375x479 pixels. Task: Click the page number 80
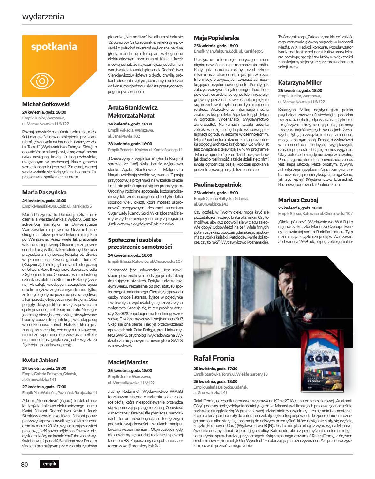coord(25,464)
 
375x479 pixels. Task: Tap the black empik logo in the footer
coord(49,464)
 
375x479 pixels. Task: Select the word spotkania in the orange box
coord(54,47)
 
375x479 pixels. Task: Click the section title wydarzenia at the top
coord(43,16)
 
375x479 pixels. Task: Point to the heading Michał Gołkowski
coord(46,104)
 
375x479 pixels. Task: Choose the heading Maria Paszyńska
coord(44,193)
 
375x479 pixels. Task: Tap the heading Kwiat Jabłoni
coord(41,360)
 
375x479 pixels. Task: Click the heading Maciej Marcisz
coord(128,362)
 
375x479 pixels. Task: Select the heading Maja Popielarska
coord(216,38)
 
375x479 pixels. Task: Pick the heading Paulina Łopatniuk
coord(218,185)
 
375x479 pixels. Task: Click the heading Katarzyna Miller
coord(300,82)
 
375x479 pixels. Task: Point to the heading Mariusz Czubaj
coord(298,200)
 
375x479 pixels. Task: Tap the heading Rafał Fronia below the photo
coord(214,358)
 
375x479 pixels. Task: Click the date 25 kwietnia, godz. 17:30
coord(215,368)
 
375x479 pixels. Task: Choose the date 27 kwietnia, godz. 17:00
coord(44,387)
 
